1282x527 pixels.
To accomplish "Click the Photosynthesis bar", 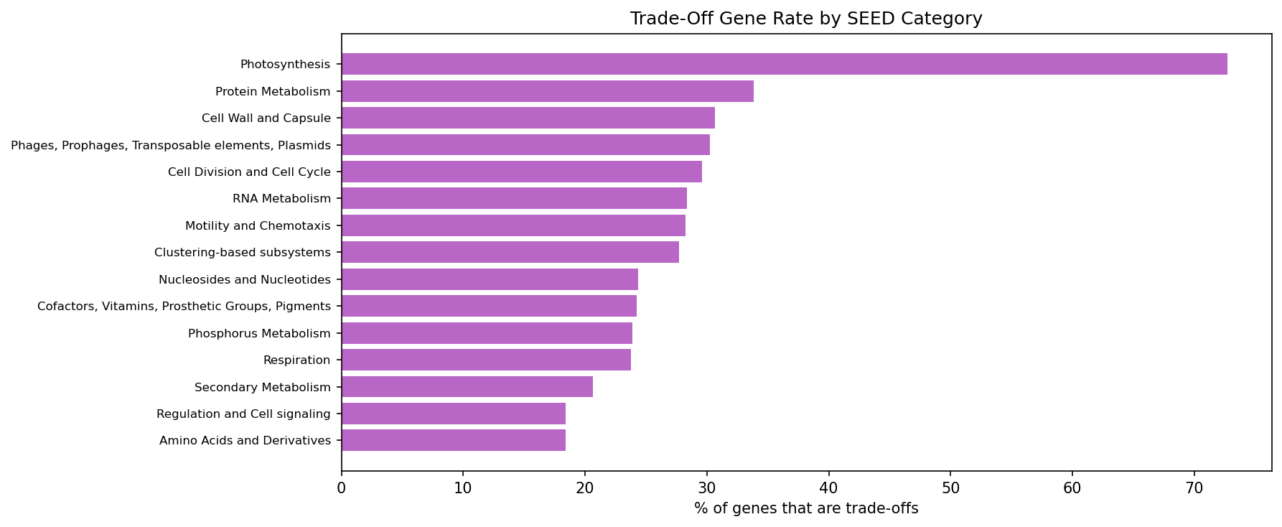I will (x=784, y=64).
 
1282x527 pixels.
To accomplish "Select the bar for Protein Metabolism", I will (x=547, y=91).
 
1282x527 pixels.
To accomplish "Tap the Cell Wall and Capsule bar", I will (x=528, y=118).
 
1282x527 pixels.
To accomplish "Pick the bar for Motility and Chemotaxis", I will (x=513, y=225).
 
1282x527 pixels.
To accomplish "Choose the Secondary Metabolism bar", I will (x=467, y=387).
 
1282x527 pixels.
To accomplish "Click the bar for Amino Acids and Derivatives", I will (x=453, y=440).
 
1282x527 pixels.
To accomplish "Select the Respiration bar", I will (x=486, y=360).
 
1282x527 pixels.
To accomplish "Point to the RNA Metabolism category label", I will (x=281, y=199).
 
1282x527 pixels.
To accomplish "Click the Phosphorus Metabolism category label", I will (x=259, y=333).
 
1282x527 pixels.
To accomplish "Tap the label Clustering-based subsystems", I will (x=242, y=253).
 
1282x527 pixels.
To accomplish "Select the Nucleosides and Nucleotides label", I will (x=244, y=279).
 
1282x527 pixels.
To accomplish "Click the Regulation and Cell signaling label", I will (x=243, y=414).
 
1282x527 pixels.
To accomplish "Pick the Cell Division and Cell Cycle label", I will (x=249, y=172).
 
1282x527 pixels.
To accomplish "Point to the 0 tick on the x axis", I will (x=342, y=488).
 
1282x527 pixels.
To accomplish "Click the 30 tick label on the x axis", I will (x=707, y=488).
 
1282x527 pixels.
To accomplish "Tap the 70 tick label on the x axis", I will (x=1194, y=488).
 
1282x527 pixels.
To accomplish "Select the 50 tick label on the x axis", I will (x=950, y=488).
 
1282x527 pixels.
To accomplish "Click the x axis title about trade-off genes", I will (x=806, y=508).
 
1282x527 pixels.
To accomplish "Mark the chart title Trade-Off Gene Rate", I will (x=806, y=19).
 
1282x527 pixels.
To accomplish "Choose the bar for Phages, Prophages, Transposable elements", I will (x=525, y=145).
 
